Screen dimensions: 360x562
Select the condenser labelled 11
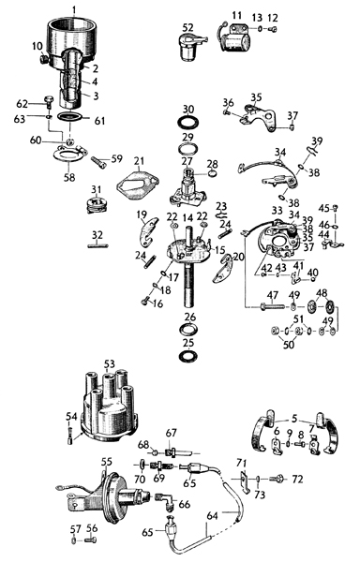[234, 38]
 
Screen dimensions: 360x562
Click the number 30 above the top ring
[188, 109]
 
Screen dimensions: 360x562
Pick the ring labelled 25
[188, 356]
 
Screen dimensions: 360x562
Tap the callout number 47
[273, 295]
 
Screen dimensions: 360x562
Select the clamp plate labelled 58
[69, 155]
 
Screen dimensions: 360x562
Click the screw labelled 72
[277, 478]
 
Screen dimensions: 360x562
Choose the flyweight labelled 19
[148, 232]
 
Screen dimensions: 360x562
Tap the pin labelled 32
[97, 245]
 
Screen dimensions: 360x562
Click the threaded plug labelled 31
[97, 205]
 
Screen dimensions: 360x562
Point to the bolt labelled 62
[49, 101]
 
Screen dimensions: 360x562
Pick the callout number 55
[106, 462]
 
